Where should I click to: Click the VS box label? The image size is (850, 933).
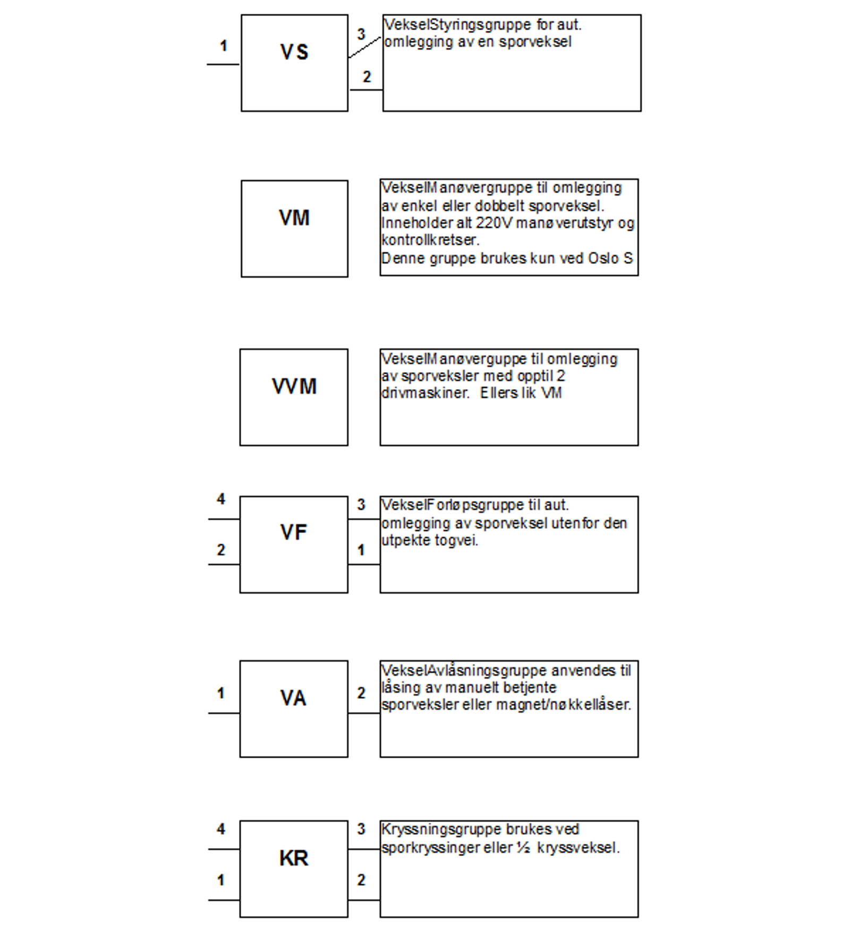click(x=294, y=52)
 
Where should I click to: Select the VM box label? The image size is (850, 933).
click(x=294, y=218)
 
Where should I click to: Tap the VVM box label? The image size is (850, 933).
click(x=294, y=386)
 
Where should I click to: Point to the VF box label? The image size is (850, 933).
click(x=293, y=532)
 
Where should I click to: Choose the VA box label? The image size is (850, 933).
click(x=293, y=698)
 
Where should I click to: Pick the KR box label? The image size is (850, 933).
click(x=293, y=858)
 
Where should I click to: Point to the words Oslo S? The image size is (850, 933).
click(x=610, y=258)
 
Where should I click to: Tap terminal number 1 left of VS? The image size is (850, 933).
click(x=223, y=46)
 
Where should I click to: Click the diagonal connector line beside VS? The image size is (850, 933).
click(x=365, y=47)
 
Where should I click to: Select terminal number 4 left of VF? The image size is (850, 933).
click(x=221, y=499)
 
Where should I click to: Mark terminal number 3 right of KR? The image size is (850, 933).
click(x=361, y=829)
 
